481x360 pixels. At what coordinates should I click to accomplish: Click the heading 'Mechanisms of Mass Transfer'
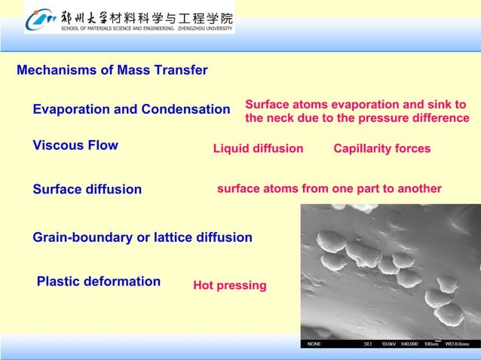coord(112,71)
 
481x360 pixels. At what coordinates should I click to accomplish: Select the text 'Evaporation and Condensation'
coord(131,110)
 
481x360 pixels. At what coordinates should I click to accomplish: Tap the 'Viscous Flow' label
coord(75,145)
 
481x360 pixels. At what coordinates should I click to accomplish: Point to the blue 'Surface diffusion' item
coord(87,189)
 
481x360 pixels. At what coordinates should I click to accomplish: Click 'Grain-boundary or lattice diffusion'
coord(142,237)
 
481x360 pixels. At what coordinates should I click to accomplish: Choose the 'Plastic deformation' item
coord(99,282)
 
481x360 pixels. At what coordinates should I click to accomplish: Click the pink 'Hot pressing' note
coord(230,285)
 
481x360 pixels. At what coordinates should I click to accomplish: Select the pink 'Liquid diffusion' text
coord(258,148)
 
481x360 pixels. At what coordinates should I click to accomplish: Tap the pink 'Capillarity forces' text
coord(381,148)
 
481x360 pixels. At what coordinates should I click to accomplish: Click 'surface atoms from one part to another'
coord(329,188)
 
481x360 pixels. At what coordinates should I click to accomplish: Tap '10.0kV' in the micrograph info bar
coord(389,344)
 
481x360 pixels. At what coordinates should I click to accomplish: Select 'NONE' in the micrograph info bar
coord(314,344)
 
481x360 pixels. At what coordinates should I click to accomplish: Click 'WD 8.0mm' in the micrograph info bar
coord(457,344)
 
